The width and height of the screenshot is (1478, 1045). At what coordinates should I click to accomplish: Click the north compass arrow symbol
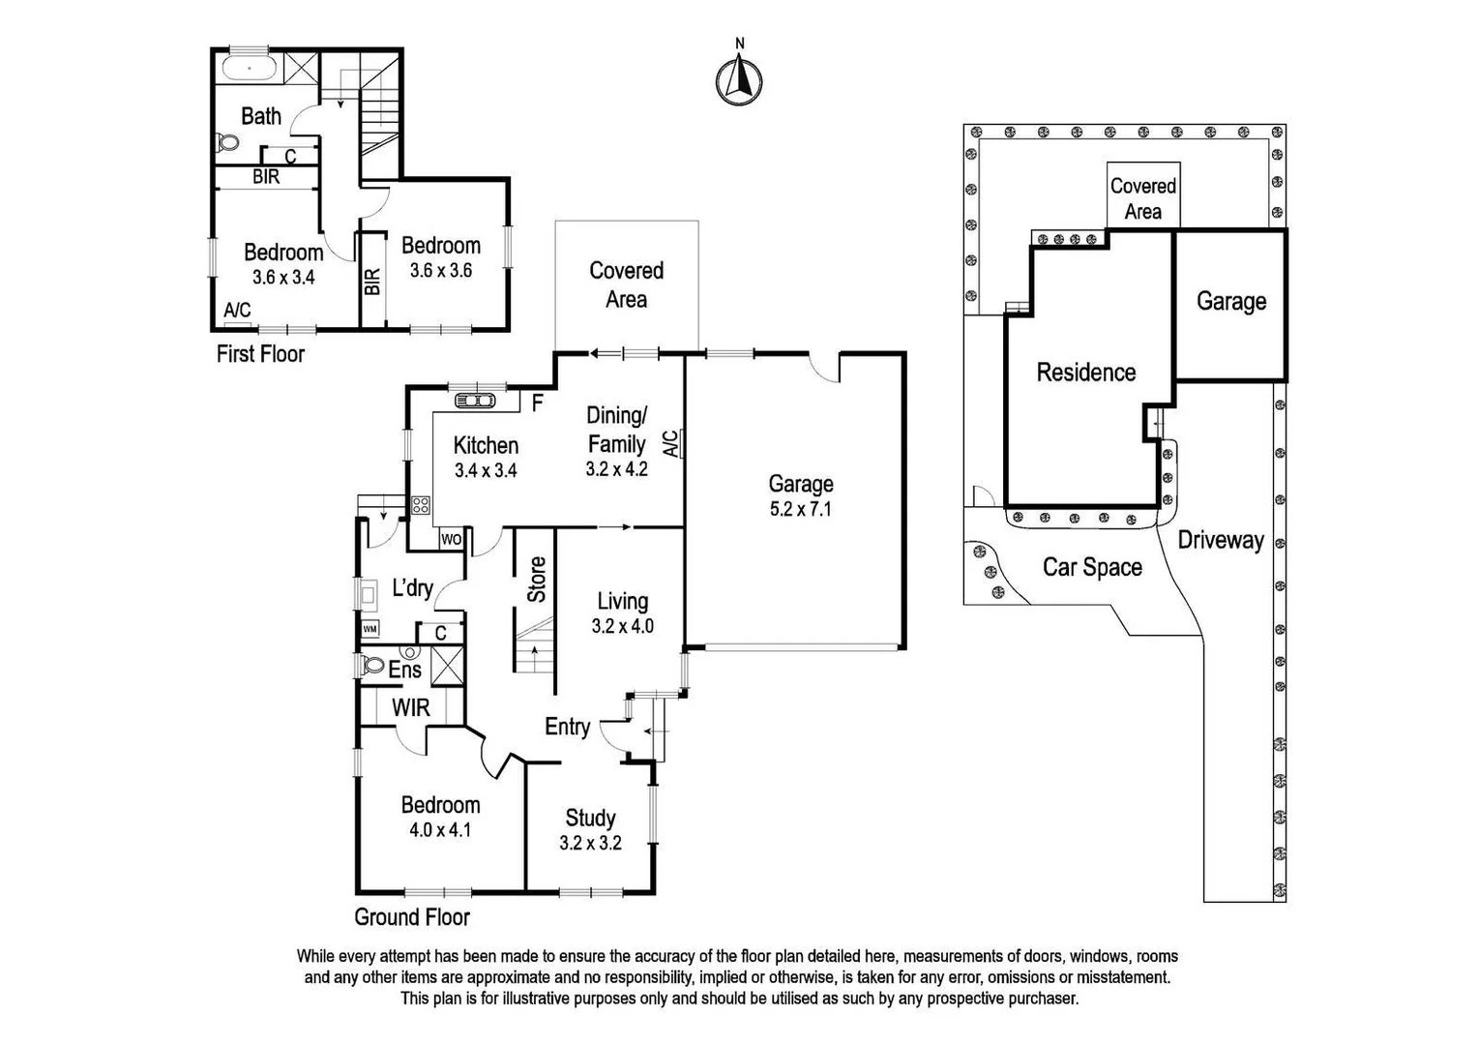pos(739,77)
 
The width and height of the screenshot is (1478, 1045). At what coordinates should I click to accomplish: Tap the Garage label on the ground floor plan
pos(800,484)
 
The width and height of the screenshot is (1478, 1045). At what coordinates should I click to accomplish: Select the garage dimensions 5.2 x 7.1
pos(800,509)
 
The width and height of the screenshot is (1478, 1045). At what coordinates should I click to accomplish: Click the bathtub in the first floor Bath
pos(250,69)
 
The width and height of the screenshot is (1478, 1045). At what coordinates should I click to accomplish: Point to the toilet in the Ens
pos(372,666)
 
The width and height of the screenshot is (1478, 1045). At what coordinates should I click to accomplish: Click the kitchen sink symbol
pos(475,400)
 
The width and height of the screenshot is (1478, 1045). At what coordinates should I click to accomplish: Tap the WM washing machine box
pos(369,629)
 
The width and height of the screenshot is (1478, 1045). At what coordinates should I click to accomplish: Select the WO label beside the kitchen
pos(451,539)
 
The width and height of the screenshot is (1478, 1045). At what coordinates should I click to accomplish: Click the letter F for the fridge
pos(538,403)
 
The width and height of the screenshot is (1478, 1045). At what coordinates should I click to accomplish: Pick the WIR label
pos(410,707)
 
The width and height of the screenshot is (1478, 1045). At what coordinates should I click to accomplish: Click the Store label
pos(537,579)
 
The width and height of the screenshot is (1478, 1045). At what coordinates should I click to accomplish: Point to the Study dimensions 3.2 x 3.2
pos(590,843)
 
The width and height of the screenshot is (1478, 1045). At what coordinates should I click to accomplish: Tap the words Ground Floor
pos(412,917)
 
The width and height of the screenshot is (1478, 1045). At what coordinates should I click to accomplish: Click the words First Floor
pos(260,354)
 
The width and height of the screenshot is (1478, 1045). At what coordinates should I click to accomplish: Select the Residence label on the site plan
pos(1086,373)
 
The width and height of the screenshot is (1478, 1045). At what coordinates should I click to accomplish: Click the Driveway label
pos(1221,540)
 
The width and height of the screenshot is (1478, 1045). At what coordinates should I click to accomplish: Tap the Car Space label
pos(1092,567)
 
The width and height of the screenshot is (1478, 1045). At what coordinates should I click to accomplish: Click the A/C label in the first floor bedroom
pos(237,311)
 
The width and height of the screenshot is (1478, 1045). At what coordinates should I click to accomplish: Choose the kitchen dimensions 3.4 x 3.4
pos(486,471)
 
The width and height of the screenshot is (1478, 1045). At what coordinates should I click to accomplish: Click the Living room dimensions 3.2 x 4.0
pos(622,626)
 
